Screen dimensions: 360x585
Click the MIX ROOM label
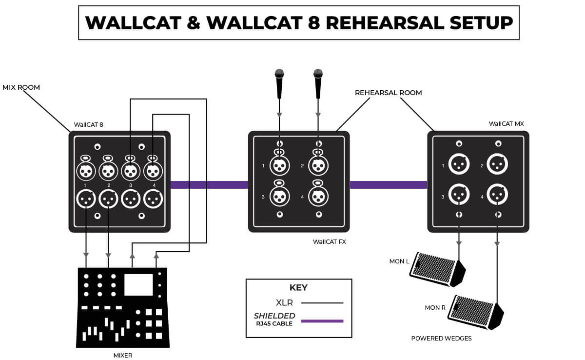point(21,87)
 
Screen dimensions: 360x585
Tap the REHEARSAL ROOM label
point(388,93)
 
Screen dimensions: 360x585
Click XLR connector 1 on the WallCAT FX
point(279,166)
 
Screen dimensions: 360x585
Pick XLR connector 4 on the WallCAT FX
point(318,196)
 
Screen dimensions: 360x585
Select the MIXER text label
point(123,355)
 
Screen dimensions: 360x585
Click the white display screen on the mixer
point(138,284)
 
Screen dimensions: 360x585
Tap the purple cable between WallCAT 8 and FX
point(209,185)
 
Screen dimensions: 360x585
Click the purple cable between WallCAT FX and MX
point(389,185)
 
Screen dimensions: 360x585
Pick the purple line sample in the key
point(322,321)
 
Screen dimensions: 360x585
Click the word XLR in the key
point(284,303)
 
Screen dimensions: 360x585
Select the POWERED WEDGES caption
point(441,338)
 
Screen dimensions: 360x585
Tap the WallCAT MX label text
point(506,124)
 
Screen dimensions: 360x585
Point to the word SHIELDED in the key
point(274,316)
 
